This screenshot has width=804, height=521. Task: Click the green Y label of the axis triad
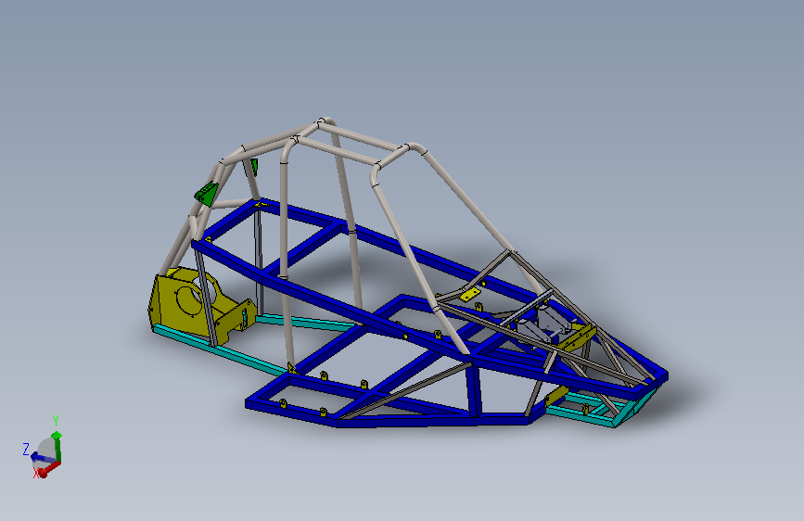(x=56, y=421)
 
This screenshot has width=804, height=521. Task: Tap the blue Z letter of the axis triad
(x=26, y=450)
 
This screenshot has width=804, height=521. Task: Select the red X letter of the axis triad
(x=36, y=473)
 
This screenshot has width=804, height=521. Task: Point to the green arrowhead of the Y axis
(x=57, y=436)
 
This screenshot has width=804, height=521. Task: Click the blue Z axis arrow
(x=40, y=456)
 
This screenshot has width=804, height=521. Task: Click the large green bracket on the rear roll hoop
(x=206, y=194)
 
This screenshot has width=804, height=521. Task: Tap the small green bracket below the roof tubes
(x=254, y=167)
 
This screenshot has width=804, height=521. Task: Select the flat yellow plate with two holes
(x=470, y=295)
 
